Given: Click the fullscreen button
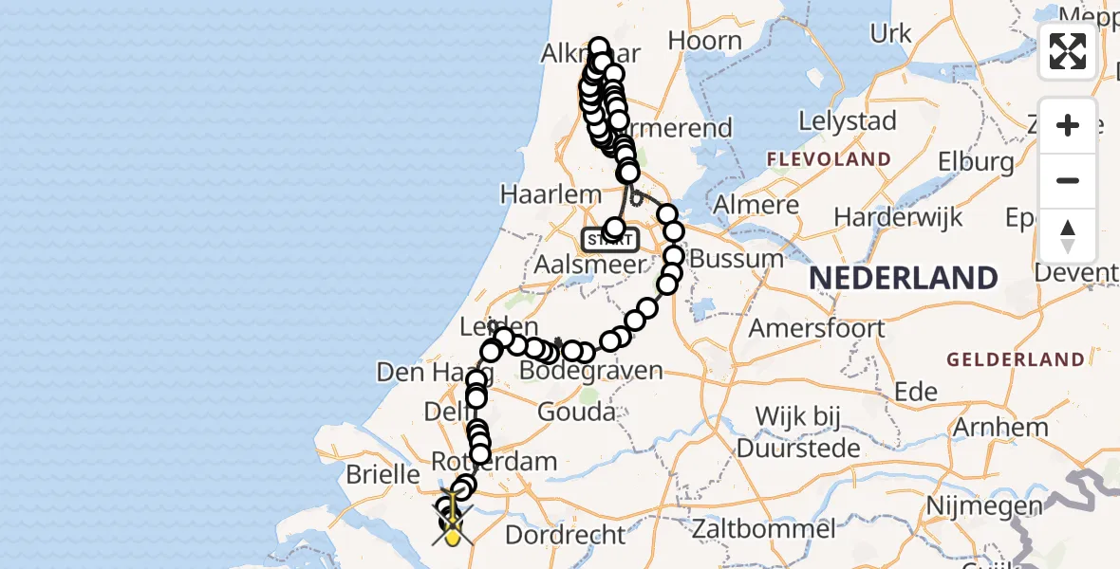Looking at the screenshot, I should pyautogui.click(x=1068, y=51).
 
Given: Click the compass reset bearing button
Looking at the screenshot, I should pyautogui.click(x=1068, y=236).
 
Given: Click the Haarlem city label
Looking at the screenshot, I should pyautogui.click(x=551, y=195).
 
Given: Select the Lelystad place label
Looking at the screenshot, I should pyautogui.click(x=848, y=121).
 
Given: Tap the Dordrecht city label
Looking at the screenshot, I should pyautogui.click(x=566, y=534).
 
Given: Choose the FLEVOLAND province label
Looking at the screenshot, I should pyautogui.click(x=829, y=159).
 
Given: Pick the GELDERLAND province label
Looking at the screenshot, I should pyautogui.click(x=1015, y=359).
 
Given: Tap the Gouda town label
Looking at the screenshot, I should pyautogui.click(x=575, y=413).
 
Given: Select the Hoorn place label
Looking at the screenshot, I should pyautogui.click(x=704, y=41).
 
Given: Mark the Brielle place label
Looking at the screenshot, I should pyautogui.click(x=386, y=473).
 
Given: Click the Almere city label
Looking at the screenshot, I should pyautogui.click(x=756, y=206).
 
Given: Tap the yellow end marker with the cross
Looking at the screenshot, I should pyautogui.click(x=454, y=531).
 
